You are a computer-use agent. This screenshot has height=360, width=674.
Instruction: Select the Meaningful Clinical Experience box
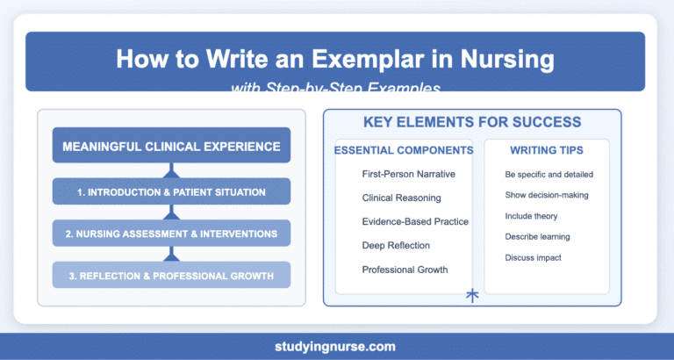click(171, 145)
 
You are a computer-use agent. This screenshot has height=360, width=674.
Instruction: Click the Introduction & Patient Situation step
click(171, 191)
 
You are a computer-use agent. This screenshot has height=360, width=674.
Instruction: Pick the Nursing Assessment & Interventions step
click(171, 233)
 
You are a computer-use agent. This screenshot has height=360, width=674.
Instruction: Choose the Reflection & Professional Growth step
click(171, 275)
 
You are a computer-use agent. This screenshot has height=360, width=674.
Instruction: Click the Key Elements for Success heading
click(472, 122)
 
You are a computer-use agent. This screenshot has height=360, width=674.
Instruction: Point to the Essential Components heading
click(404, 150)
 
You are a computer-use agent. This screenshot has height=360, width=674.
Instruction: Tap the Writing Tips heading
click(548, 150)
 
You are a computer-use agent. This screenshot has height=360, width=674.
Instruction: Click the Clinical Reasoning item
click(401, 198)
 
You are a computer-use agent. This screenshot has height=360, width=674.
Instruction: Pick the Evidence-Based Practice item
click(414, 222)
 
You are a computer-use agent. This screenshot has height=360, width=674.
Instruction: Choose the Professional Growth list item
click(405, 270)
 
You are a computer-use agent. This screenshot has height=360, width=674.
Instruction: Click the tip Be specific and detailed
click(549, 175)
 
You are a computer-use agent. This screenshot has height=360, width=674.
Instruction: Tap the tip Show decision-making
click(545, 195)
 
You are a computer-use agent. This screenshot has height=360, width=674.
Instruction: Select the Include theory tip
click(532, 216)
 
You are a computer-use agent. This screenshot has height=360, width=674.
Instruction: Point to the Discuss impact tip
click(534, 257)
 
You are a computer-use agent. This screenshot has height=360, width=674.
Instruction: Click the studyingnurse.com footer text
click(337, 345)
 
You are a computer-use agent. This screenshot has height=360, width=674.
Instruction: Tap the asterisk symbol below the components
click(471, 296)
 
